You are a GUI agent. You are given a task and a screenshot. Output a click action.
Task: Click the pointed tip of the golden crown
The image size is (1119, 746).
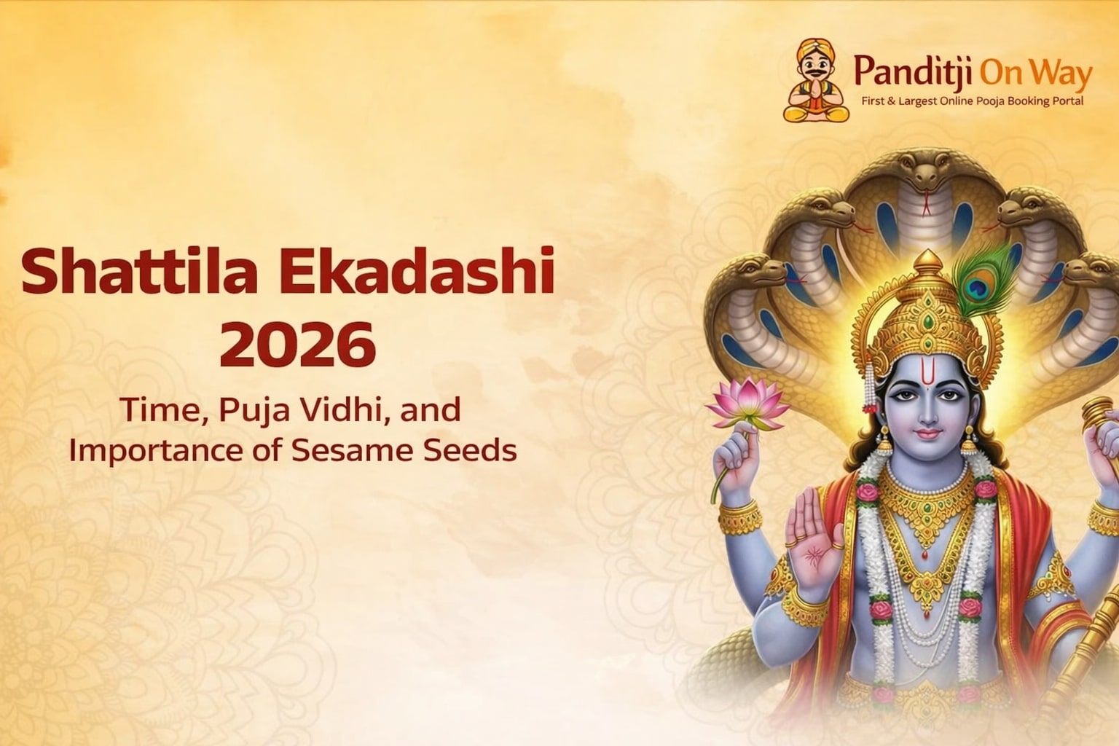point(927,257)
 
